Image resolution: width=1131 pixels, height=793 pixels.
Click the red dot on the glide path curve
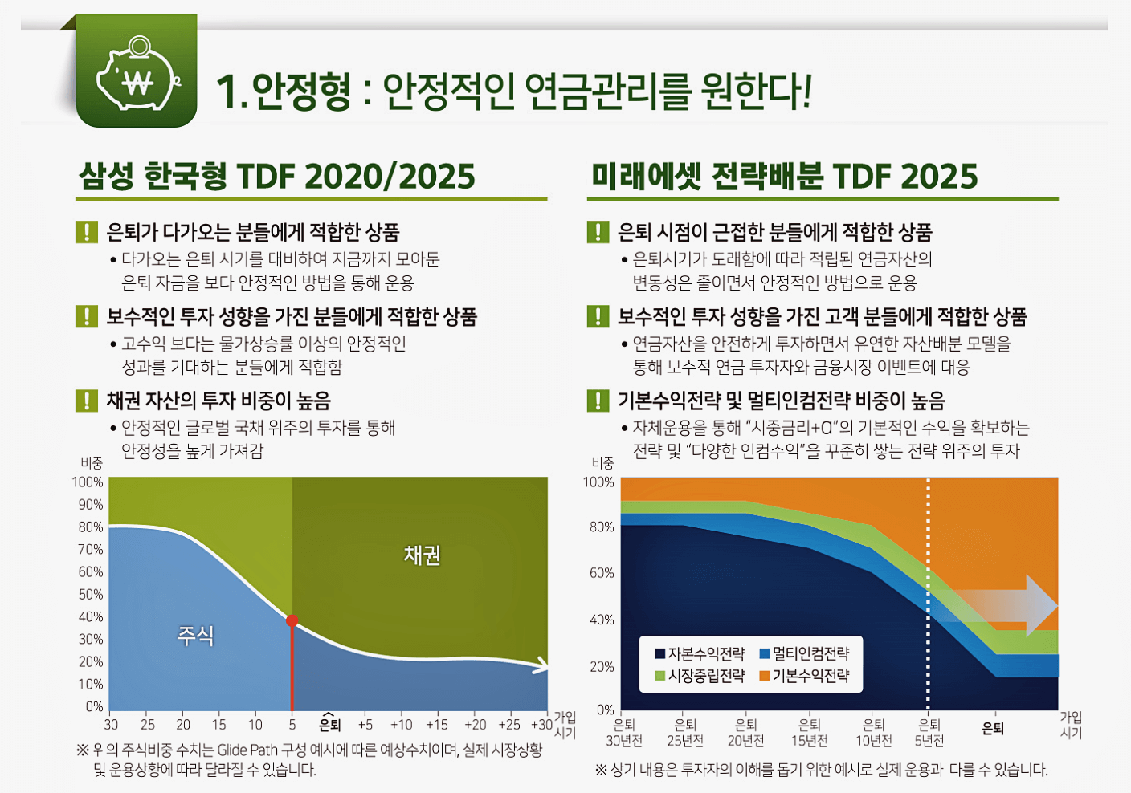[292, 620]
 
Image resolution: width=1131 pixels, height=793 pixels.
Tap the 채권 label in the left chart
[422, 555]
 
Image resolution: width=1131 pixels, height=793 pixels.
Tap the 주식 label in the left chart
[196, 636]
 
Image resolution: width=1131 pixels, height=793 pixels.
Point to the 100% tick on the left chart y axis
[88, 482]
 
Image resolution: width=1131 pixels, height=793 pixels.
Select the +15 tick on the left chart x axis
[437, 725]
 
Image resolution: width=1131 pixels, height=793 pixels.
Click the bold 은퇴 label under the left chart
[329, 725]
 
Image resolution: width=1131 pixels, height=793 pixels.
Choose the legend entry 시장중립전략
[700, 676]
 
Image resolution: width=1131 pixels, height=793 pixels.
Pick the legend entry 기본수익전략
[805, 676]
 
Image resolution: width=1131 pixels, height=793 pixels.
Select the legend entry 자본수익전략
[700, 653]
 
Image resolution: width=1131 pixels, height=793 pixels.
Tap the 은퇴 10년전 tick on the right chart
[873, 732]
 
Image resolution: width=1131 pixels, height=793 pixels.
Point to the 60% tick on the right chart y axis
[602, 573]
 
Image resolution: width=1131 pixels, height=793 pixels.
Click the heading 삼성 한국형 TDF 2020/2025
[277, 177]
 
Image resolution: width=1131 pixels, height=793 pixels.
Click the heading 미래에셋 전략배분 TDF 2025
[784, 177]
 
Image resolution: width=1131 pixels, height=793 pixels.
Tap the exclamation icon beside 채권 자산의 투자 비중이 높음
[86, 401]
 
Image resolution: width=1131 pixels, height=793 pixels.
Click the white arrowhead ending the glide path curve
[543, 665]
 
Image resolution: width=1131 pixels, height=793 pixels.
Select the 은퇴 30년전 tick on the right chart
[624, 732]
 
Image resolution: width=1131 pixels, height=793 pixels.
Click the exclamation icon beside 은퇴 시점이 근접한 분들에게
[597, 232]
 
